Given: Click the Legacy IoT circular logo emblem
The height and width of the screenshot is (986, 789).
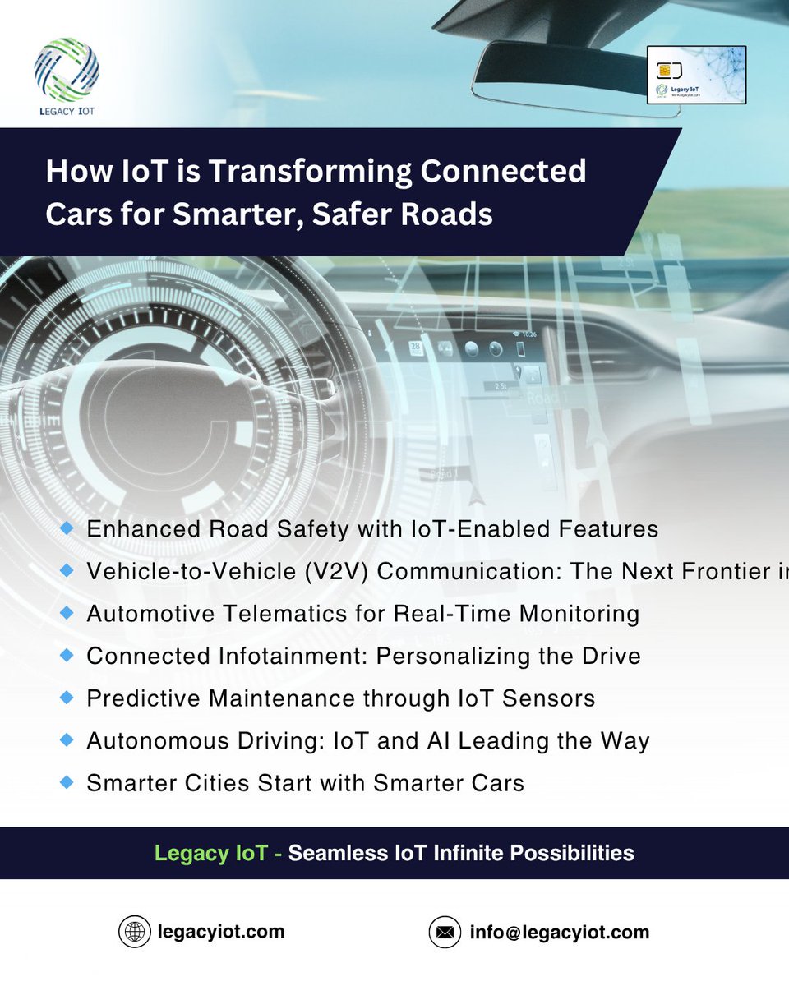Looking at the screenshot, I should pos(67,69).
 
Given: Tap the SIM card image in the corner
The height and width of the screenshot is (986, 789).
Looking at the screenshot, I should pos(696,75).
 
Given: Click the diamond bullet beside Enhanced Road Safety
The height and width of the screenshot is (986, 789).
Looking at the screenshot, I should pos(67,528).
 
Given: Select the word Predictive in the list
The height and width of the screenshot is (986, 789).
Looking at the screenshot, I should pos(143,698).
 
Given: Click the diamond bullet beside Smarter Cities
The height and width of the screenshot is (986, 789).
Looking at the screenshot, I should pos(67,782).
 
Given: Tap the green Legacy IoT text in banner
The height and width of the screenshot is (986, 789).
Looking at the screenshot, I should pos(211,853).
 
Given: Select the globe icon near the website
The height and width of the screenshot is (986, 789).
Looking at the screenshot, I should pos(134,932).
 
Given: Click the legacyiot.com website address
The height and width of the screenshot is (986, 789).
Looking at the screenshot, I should pos(221,932).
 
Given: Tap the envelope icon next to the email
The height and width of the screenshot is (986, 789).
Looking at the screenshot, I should pos(445,933).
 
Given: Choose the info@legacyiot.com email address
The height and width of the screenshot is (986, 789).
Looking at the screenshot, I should pos(560,933).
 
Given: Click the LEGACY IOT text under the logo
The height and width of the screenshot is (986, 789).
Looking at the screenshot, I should pos(66,110).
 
